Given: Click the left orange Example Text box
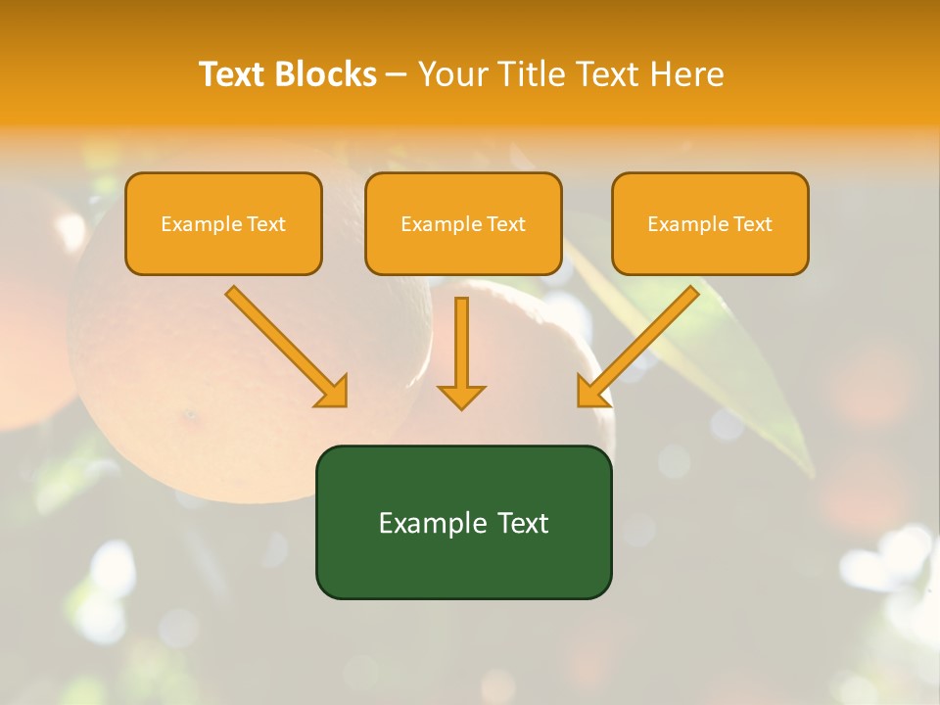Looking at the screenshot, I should coord(223,224).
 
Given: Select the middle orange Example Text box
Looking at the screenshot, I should coord(463,224).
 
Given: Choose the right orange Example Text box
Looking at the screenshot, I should coord(710,224).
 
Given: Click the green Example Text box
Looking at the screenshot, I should coord(463,523).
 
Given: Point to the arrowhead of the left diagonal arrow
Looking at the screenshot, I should coord(333,392).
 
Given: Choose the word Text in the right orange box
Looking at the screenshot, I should coord(753,224).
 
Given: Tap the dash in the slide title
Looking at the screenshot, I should coord(398,75).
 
